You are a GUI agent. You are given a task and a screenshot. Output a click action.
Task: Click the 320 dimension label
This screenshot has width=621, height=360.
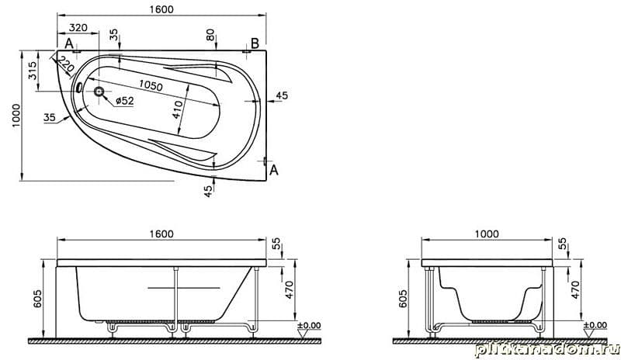click(78, 28)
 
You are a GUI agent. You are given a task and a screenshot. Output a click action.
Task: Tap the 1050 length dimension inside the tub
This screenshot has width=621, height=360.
click(151, 85)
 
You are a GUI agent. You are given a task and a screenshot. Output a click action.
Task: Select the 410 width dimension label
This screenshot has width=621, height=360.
click(178, 109)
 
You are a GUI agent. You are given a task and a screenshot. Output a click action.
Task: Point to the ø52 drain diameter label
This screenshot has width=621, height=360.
click(125, 101)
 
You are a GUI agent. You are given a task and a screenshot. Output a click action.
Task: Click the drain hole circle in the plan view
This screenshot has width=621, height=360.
click(99, 92)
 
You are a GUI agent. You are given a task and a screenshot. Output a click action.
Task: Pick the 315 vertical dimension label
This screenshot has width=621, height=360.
click(33, 70)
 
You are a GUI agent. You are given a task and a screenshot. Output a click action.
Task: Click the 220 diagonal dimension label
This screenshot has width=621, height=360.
click(65, 64)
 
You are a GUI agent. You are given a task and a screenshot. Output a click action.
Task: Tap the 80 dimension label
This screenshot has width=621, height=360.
click(210, 35)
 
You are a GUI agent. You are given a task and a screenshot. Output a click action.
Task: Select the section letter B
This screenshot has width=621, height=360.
click(255, 43)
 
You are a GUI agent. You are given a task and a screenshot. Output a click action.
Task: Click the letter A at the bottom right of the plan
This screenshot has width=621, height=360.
click(274, 170)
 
